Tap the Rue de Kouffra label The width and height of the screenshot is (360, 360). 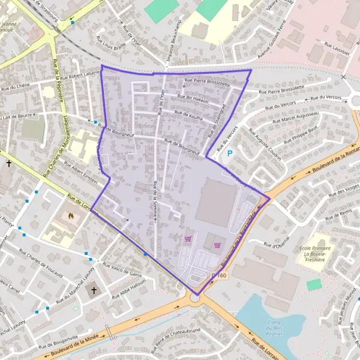[x=188, y=113]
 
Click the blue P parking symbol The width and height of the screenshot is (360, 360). [x=229, y=154]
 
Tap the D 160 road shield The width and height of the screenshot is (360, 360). [x=220, y=275]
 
